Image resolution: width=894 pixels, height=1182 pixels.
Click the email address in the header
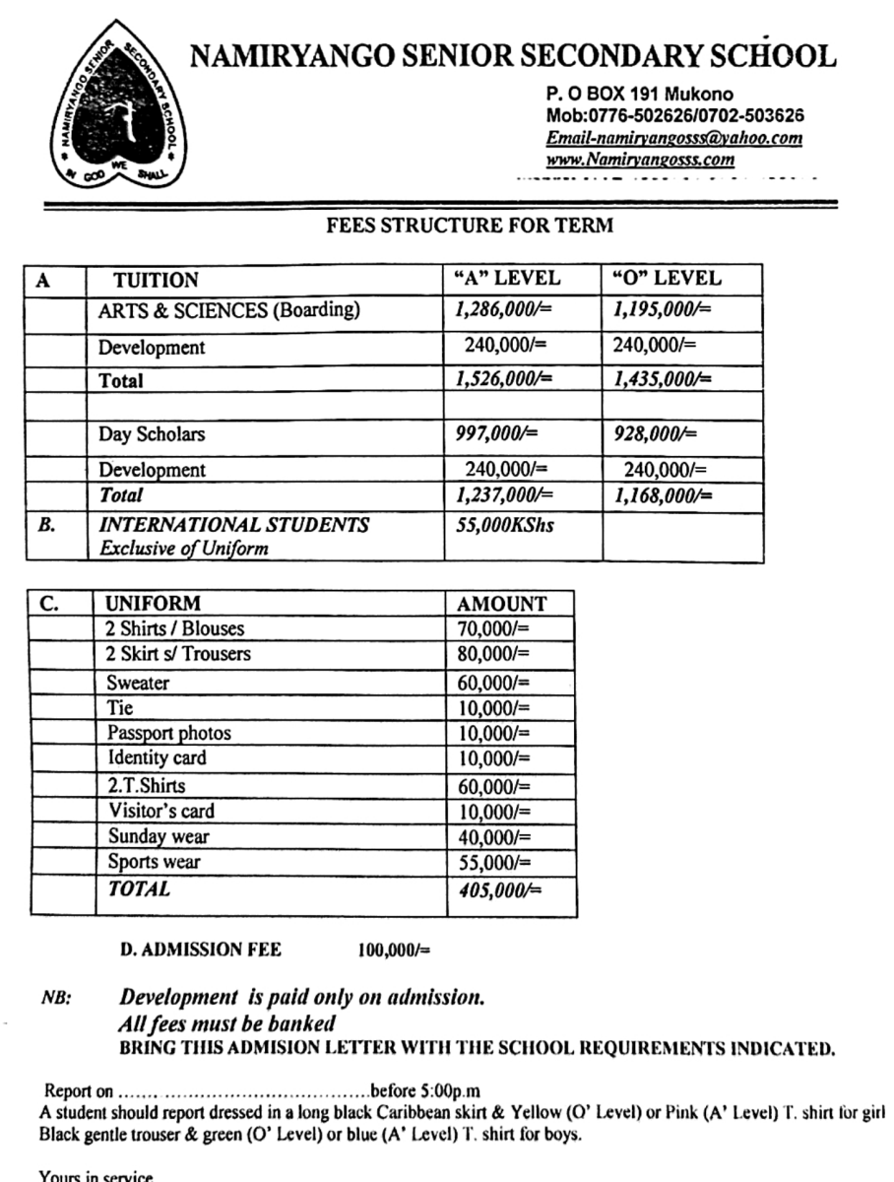click(673, 138)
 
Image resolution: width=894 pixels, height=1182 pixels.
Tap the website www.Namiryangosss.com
click(640, 159)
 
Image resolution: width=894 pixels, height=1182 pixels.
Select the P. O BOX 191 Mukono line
click(638, 96)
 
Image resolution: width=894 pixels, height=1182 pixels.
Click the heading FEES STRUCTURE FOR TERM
click(470, 225)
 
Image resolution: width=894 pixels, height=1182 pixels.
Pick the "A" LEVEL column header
click(506, 279)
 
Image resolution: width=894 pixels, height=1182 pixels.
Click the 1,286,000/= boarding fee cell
click(503, 311)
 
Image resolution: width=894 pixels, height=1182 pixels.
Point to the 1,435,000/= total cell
click(662, 380)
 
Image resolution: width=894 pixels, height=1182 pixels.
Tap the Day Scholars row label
click(152, 433)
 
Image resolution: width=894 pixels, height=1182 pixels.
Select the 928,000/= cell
click(655, 433)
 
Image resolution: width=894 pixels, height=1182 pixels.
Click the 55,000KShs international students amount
click(504, 525)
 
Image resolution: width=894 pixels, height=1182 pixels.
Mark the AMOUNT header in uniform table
click(502, 604)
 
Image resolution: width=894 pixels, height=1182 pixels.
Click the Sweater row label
click(138, 683)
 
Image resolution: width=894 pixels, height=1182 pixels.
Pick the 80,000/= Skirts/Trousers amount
click(494, 653)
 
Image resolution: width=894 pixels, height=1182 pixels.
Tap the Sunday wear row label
click(158, 837)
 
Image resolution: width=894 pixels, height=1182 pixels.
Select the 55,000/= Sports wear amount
click(494, 863)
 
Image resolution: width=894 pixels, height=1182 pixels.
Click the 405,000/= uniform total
click(500, 889)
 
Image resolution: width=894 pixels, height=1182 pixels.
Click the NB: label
click(55, 998)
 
